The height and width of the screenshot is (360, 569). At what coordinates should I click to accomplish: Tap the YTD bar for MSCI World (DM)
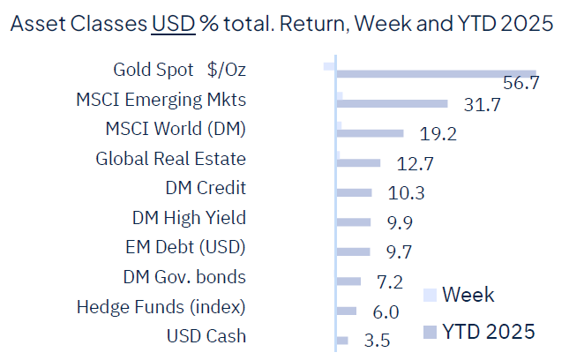(371, 133)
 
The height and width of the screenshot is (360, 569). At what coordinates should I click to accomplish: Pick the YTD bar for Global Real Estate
(358, 162)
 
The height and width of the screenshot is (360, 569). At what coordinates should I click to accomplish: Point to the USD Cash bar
(342, 340)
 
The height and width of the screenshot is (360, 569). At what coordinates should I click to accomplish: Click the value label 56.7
(520, 84)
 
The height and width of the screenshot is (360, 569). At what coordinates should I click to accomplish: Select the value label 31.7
(482, 106)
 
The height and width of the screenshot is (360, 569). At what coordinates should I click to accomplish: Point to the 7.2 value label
(389, 283)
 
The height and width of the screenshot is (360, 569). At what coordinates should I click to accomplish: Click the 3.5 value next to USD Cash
(377, 341)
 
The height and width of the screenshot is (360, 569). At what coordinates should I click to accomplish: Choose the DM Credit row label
(206, 188)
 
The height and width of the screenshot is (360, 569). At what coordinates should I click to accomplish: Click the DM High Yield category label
(189, 217)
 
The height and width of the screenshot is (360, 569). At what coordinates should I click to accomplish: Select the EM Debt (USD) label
(186, 247)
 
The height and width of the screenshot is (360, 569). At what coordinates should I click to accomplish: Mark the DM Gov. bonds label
(184, 277)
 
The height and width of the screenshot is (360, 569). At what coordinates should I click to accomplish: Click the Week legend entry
(468, 295)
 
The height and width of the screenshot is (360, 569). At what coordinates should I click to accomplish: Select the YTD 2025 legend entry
(487, 331)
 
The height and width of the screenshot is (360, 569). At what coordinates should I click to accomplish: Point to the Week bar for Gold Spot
(330, 66)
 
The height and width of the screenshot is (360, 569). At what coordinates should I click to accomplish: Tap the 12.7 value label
(410, 165)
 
